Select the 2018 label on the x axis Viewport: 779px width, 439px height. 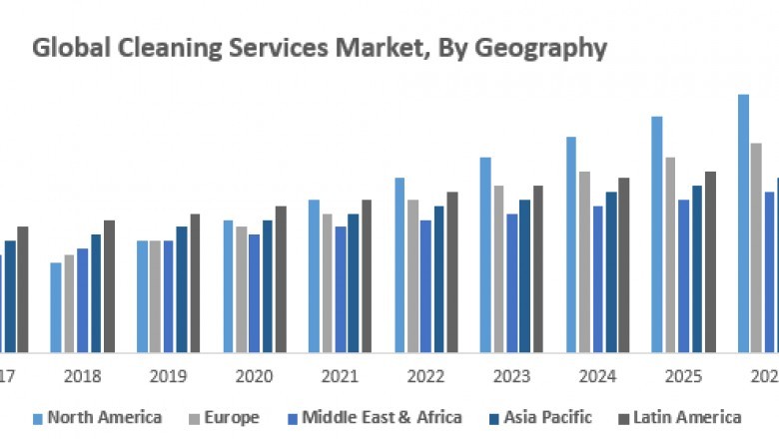pos(83,378)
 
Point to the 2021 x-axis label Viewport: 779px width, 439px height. pos(340,378)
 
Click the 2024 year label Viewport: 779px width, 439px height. pos(597,378)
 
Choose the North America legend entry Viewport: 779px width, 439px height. pos(98,417)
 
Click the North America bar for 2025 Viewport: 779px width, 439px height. pos(657,234)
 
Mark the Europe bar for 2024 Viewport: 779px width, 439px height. pos(584,261)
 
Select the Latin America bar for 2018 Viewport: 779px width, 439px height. pos(109,286)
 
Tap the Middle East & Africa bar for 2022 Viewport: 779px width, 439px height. pos(426,286)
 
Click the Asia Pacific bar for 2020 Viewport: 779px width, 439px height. pos(268,286)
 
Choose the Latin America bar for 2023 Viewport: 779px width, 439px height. pos(538,268)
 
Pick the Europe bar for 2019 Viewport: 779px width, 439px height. pos(155,296)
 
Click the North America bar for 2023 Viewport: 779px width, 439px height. pos(485,254)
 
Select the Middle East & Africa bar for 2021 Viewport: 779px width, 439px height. pos(341,289)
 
